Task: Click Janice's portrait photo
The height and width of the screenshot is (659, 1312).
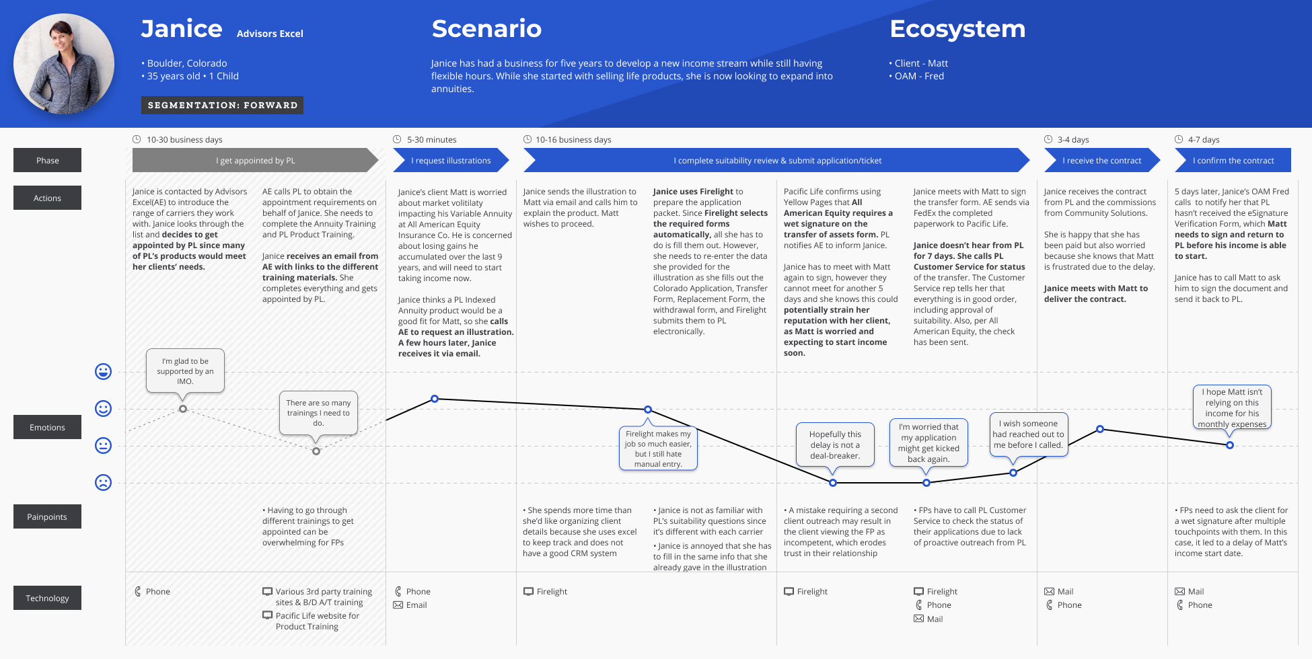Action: coord(64,64)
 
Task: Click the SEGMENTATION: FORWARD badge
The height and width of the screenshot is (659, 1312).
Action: coord(222,106)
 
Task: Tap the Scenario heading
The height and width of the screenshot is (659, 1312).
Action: coord(486,29)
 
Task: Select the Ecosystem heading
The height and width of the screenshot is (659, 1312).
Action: coord(957,29)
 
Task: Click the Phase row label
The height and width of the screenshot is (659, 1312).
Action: coord(47,161)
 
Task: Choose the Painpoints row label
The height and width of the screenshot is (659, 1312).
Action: coord(47,516)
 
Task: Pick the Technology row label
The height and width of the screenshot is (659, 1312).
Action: coord(47,598)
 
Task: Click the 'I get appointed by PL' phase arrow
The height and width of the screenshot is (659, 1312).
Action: coord(255,161)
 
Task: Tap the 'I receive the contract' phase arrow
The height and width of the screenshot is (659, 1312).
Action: coord(1101,161)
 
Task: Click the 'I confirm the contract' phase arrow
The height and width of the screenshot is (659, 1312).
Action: coord(1233,161)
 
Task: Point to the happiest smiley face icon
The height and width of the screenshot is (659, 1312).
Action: coord(103,372)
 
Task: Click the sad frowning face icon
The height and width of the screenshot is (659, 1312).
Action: coord(103,482)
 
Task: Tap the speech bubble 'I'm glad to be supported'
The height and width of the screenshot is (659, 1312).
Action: coord(185,371)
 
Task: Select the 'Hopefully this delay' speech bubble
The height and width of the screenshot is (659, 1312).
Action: coord(835,444)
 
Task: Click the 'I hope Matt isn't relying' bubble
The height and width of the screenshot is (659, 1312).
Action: coord(1232,408)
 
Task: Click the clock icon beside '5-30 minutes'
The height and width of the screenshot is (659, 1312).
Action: coord(397,139)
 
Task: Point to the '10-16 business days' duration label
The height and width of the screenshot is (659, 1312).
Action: coord(573,140)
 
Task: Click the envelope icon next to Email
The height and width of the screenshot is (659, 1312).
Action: coord(398,605)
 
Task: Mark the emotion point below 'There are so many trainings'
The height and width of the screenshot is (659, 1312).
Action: coord(316,451)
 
